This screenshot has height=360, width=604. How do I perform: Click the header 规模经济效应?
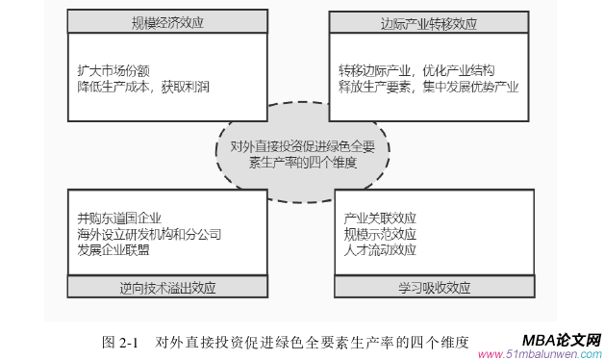(x=165, y=21)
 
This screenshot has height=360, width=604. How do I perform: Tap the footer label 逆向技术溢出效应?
(x=165, y=287)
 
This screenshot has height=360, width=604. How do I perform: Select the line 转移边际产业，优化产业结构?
(x=416, y=70)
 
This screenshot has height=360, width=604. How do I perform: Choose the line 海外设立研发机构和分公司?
(x=150, y=233)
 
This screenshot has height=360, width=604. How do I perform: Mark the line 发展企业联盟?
(x=114, y=249)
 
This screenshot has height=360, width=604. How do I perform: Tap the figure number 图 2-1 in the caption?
(x=120, y=342)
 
